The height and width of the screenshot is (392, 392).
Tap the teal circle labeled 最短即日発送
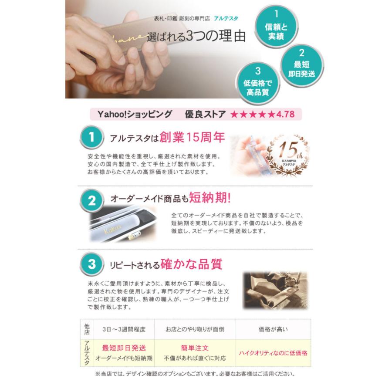pyautogui.click(x=301, y=64)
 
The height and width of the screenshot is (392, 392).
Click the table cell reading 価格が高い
pyautogui.click(x=273, y=329)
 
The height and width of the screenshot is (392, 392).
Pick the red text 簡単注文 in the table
pyautogui.click(x=195, y=348)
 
